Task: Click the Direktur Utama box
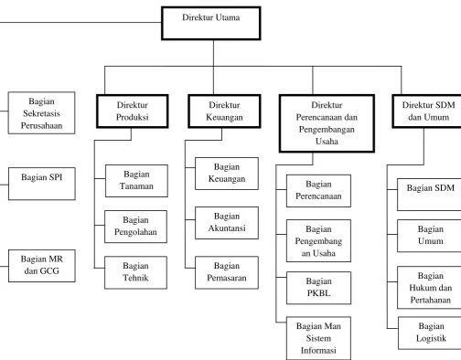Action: click(211, 24)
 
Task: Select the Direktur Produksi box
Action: click(133, 111)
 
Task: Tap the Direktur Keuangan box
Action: click(224, 111)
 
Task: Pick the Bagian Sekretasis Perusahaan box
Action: click(41, 113)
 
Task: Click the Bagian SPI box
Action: click(42, 184)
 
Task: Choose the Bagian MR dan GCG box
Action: click(42, 266)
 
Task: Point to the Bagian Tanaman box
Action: click(136, 181)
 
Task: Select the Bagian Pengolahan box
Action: click(135, 227)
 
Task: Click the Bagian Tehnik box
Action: click(135, 272)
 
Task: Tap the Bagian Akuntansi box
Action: click(227, 223)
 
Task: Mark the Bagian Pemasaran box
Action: click(227, 272)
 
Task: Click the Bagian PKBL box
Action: click(318, 288)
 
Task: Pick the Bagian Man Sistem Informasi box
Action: click(318, 338)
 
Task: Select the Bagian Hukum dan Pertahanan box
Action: click(430, 288)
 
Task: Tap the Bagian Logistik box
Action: click(431, 333)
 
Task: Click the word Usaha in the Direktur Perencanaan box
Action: click(327, 142)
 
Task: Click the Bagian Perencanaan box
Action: click(318, 191)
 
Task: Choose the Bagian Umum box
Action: click(430, 236)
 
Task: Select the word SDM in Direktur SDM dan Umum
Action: click(445, 105)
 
